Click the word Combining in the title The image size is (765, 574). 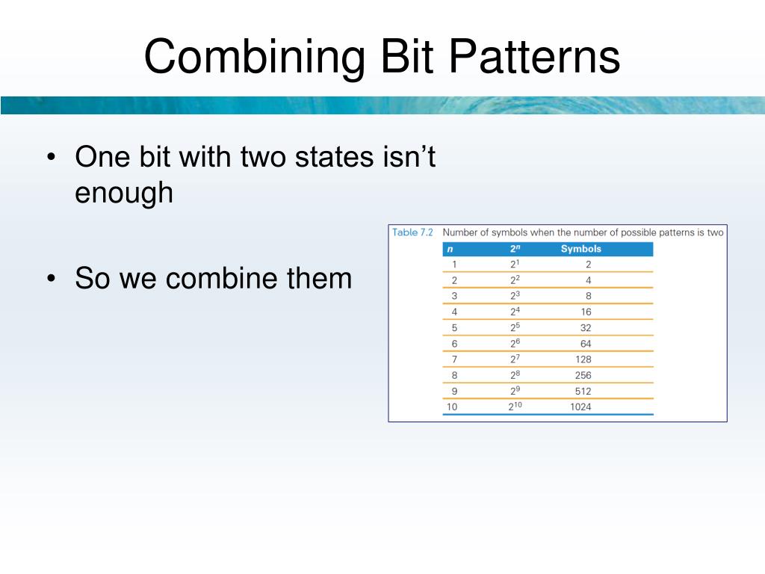point(254,58)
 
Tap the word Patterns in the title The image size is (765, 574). point(533,57)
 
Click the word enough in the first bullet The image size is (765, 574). point(124,194)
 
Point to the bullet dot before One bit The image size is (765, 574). point(52,157)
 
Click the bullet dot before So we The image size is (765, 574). point(52,279)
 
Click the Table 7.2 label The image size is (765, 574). point(412,232)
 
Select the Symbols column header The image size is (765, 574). point(580,249)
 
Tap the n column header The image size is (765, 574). point(450,250)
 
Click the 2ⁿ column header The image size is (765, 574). point(515,248)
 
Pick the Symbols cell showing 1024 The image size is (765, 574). point(580,407)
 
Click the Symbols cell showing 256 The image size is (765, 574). point(583,375)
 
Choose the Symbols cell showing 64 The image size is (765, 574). point(586,344)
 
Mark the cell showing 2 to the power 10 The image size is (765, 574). point(515,406)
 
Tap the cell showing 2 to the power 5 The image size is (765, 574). point(515,327)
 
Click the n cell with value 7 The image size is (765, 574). point(454,359)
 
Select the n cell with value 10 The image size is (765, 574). point(452,407)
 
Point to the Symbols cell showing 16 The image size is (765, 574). point(586,312)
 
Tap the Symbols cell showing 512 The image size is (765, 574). point(583,392)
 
